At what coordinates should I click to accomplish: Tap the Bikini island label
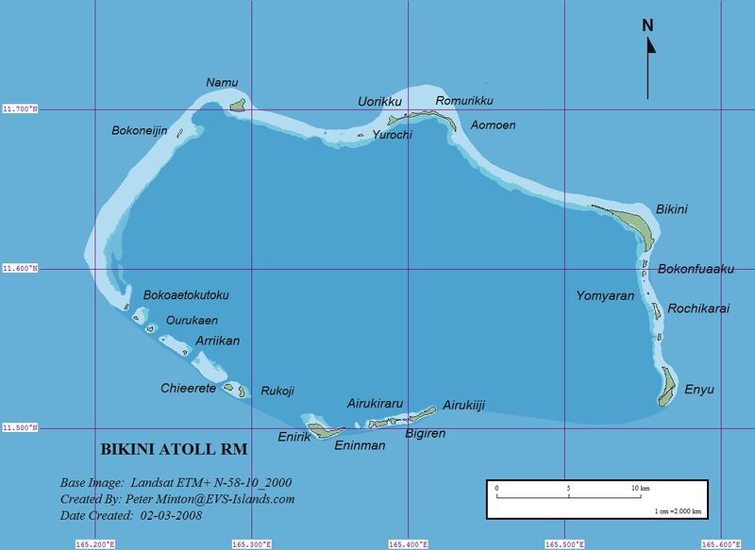(671, 208)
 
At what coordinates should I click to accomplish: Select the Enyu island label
(699, 390)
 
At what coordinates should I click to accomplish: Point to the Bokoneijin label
(140, 131)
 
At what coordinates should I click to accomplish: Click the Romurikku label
(464, 101)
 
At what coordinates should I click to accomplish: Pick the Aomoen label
(493, 125)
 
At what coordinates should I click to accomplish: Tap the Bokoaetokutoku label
(186, 295)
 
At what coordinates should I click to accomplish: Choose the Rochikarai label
(698, 308)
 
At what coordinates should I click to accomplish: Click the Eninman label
(361, 445)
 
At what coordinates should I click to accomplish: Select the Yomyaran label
(605, 296)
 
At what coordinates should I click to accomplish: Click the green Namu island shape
(238, 105)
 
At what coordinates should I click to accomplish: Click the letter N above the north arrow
(648, 25)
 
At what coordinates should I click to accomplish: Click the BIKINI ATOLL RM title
(174, 447)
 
